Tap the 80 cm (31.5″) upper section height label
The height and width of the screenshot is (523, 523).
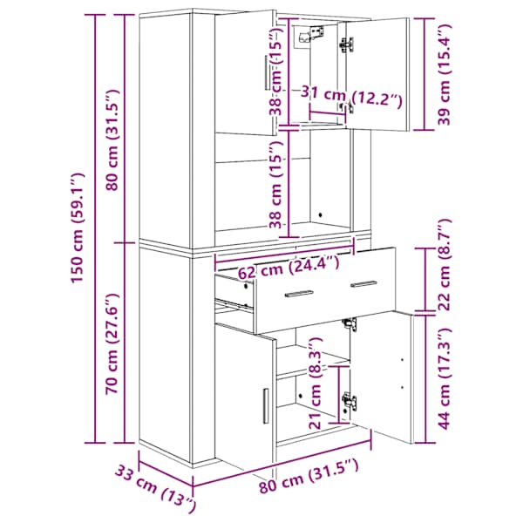point(112,140)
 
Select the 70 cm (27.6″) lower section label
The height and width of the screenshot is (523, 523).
point(112,344)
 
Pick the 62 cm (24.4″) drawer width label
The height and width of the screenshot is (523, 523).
point(289,266)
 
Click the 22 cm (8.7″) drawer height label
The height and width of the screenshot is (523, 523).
point(444,265)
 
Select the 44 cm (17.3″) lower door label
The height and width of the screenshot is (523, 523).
point(444,378)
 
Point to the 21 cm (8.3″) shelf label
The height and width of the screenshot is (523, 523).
point(315,383)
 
